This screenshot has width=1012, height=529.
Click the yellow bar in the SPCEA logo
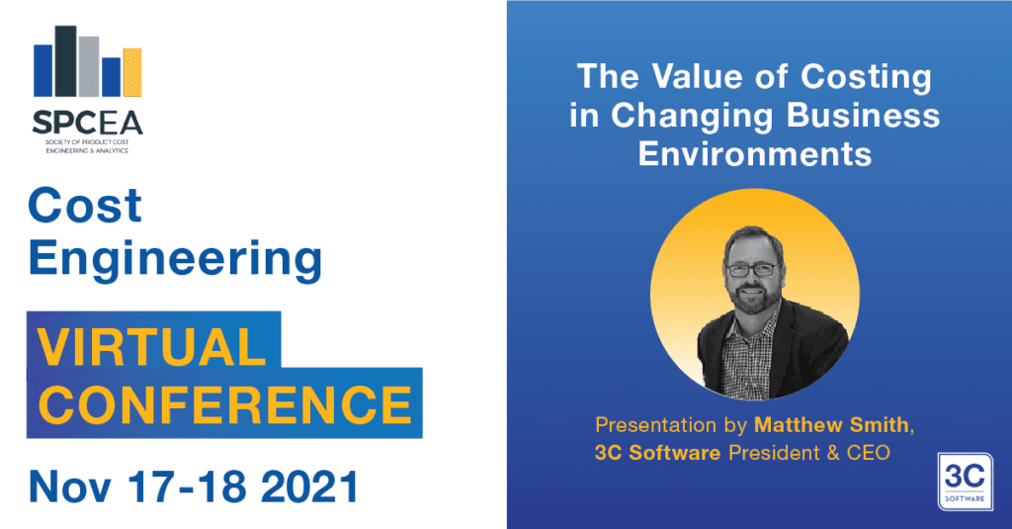tap(132, 72)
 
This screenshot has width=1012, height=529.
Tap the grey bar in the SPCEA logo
tap(89, 66)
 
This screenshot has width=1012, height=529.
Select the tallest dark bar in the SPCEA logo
tap(66, 60)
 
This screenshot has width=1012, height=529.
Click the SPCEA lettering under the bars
tap(87, 122)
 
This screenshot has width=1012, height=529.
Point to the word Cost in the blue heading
tap(85, 206)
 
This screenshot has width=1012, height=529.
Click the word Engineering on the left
tap(175, 259)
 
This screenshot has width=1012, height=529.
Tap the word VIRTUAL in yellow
tap(151, 346)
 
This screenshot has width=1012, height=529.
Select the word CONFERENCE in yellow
tap(224, 404)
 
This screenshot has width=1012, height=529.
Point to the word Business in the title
tap(863, 116)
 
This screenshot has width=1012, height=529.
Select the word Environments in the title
tap(755, 154)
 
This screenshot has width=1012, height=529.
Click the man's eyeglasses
tap(753, 269)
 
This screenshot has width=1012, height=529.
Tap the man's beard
tap(754, 300)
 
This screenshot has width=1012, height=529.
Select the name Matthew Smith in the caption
tap(831, 425)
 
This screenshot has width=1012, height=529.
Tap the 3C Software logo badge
tap(965, 482)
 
